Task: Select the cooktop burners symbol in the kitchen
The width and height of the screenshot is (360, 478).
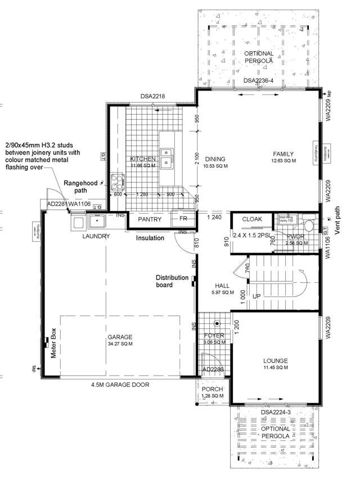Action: [117, 181]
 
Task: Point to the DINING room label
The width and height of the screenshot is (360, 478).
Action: [215, 159]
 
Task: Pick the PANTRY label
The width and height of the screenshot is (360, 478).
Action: [150, 219]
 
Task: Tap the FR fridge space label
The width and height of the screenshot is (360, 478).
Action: [183, 219]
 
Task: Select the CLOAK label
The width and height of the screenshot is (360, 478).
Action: [253, 219]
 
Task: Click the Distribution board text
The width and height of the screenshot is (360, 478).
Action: [172, 281]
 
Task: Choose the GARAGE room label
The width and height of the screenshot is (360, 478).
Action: [119, 338]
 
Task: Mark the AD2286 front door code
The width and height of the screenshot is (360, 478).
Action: [213, 369]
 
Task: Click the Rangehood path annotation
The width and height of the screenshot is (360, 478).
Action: [81, 187]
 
